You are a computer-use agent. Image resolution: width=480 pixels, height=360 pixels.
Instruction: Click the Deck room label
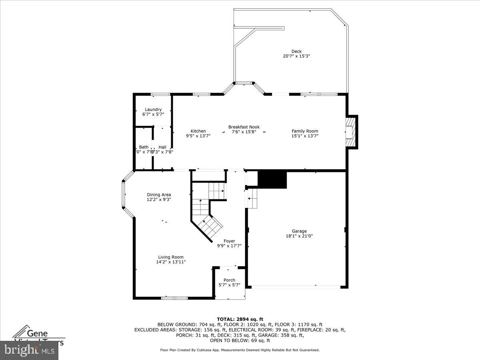point(296,51)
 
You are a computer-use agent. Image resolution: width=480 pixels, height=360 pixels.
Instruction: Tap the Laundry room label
point(153,110)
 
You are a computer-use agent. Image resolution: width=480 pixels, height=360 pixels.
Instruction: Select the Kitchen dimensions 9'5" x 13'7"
point(198,136)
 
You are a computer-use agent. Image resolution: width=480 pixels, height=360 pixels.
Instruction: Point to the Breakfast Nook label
point(244,127)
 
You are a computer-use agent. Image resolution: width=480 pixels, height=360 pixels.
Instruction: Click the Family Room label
point(305,131)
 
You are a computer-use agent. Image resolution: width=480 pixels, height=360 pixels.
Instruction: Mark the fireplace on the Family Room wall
point(351,132)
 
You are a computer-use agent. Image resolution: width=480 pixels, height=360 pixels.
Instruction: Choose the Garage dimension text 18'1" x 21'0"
point(299,236)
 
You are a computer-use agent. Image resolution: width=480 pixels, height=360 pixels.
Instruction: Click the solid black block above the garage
point(272,180)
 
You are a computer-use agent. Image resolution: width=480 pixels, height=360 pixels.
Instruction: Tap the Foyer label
point(229,241)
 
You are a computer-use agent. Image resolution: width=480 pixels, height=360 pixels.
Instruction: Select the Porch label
point(230,280)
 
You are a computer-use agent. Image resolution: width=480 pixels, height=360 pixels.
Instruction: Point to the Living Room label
point(171,257)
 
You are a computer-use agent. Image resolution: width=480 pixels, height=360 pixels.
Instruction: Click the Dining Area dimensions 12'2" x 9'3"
point(159,200)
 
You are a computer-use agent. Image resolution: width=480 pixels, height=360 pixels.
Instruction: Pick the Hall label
point(162,147)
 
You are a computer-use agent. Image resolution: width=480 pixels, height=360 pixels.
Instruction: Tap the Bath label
point(144,147)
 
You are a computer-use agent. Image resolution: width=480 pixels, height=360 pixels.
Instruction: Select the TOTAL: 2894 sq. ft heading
point(240,319)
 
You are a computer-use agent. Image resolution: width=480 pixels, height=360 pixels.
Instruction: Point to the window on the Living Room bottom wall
point(174,298)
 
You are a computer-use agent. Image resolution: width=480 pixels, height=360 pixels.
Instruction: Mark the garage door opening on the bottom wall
point(296,286)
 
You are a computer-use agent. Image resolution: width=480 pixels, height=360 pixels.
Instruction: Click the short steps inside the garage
point(252,199)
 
